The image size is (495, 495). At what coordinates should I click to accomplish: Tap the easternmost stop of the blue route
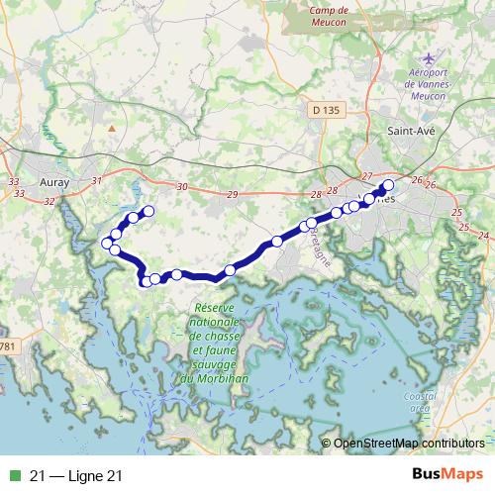pos(388,185)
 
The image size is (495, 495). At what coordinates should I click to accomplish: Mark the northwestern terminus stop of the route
pos(149,210)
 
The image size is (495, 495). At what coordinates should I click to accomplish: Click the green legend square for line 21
pos(12,475)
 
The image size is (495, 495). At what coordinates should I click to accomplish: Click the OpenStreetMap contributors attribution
pos(408,444)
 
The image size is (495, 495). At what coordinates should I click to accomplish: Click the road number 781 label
pos(9,346)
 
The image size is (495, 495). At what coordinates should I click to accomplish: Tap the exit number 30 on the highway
pos(181,187)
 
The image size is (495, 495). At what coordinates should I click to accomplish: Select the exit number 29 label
pos(232,194)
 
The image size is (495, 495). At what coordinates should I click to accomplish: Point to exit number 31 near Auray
pos(96,181)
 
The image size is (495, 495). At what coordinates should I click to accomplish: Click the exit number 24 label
pos(482,235)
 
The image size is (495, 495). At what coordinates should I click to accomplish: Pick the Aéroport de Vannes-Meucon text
pos(429,85)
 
